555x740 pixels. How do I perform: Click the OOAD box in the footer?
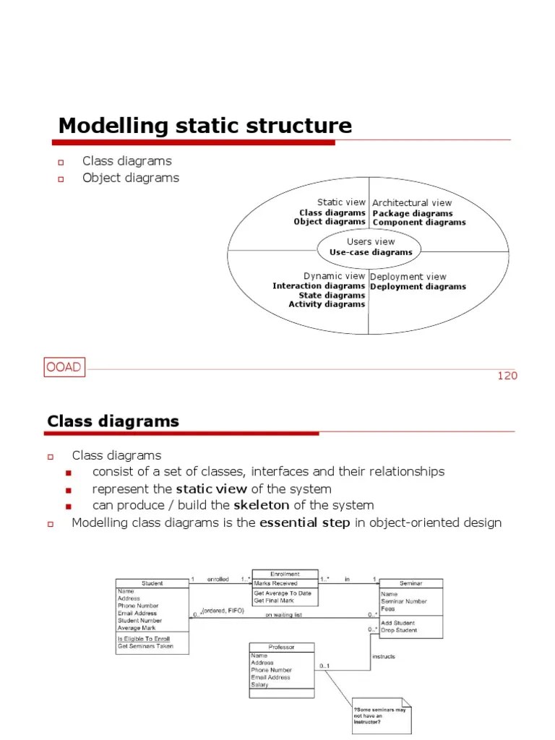point(64,368)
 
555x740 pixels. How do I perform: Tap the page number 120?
point(507,376)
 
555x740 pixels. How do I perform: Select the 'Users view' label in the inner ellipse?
point(371,242)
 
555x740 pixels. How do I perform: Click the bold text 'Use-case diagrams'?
point(371,252)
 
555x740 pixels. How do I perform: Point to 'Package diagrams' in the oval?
point(412,213)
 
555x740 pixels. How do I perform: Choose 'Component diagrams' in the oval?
point(418,223)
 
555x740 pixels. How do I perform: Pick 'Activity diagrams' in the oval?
point(327,304)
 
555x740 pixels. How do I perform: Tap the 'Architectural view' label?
point(412,203)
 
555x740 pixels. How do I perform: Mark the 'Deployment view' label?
point(408,277)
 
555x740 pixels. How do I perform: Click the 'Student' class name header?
point(152,583)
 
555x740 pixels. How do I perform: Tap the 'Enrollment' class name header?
point(284,575)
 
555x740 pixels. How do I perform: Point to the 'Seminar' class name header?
point(410,583)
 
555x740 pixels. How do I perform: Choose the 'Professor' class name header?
point(281,647)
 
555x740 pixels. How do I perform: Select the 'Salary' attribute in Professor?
point(259,684)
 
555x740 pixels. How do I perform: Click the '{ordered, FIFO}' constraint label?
point(223,611)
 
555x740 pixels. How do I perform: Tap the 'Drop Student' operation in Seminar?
point(398,630)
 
